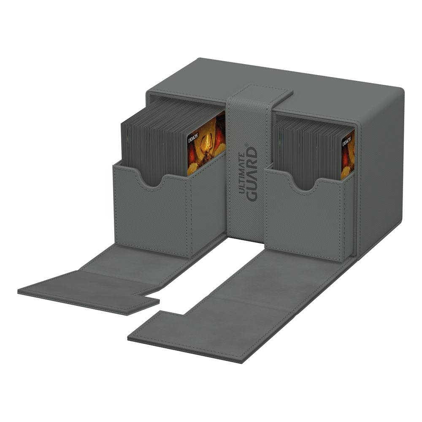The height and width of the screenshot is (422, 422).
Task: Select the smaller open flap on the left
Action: pos(89,291)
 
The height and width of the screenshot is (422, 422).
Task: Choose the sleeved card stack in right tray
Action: pos(306,148)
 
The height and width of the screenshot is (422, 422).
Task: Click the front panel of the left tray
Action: pos(152,215)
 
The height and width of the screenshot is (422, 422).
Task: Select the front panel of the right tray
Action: pos(304,219)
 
